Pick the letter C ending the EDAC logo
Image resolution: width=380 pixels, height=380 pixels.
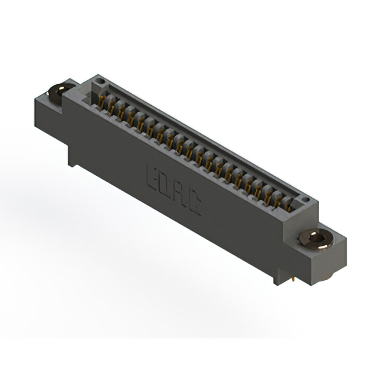tap(194, 205)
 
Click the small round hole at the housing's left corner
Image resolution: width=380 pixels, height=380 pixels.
tap(101, 81)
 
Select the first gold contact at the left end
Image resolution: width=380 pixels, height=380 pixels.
tap(103, 103)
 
